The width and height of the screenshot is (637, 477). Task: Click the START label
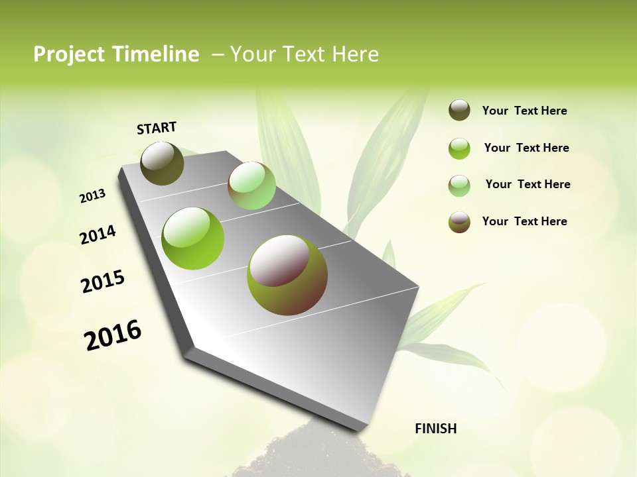(x=157, y=128)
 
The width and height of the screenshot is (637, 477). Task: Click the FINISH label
(x=435, y=429)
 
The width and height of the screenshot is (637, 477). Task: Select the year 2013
(x=92, y=196)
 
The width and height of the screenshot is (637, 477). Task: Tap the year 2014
(x=98, y=235)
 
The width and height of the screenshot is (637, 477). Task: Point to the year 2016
(x=113, y=335)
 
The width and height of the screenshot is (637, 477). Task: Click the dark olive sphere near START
(x=162, y=163)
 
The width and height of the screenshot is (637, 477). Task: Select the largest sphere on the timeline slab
(x=287, y=275)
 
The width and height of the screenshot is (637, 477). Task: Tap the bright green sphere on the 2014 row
(x=193, y=238)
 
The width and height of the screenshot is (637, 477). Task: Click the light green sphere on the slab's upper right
(x=251, y=185)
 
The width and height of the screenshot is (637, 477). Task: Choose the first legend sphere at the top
(x=459, y=111)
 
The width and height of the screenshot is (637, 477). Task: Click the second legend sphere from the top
(x=459, y=148)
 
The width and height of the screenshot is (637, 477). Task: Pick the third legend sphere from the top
(x=459, y=185)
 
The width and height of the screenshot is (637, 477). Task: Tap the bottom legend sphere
(x=459, y=222)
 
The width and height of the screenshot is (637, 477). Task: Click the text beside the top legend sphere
(x=524, y=111)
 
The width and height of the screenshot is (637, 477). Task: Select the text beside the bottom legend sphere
(x=524, y=221)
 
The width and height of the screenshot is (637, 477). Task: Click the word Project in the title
(x=70, y=54)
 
